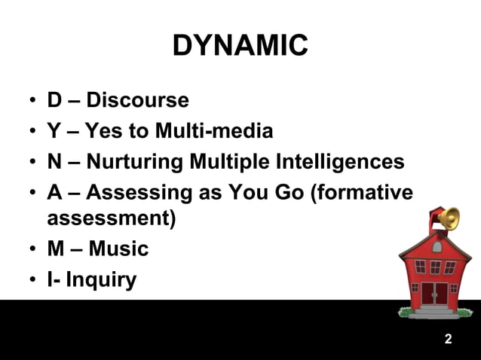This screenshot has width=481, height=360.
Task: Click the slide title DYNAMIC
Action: (x=240, y=46)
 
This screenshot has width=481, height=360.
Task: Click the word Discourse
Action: (x=137, y=100)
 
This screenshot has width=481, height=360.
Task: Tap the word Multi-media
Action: (x=214, y=132)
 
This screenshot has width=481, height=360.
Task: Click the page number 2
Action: (x=448, y=339)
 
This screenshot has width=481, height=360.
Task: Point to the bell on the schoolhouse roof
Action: (x=448, y=218)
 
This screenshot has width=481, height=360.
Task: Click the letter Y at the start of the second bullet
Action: (x=54, y=132)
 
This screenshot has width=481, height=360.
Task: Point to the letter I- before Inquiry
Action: (x=54, y=280)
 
